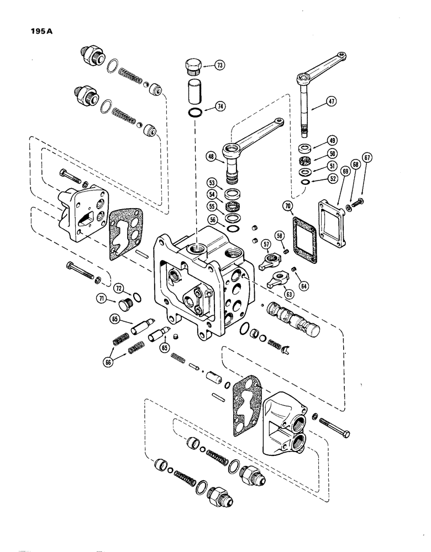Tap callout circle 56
(212, 219)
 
